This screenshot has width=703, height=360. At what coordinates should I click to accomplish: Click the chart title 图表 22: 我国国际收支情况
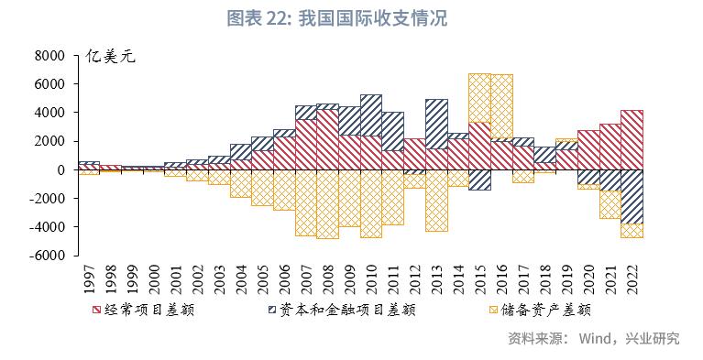click(351, 18)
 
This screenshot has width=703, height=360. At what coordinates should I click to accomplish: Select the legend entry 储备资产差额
click(544, 310)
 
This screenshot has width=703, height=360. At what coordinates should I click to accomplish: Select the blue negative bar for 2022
click(632, 196)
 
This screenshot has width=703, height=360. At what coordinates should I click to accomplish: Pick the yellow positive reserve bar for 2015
click(479, 97)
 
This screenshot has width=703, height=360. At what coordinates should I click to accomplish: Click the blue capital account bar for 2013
click(436, 124)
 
